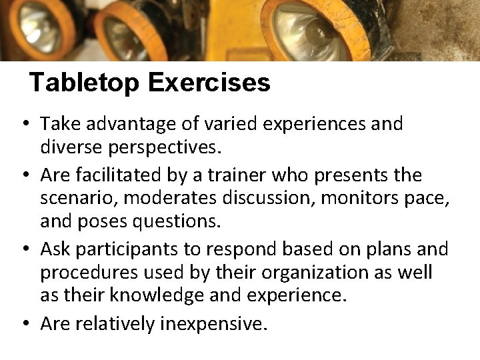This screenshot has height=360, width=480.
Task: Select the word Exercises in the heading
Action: point(209,83)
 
